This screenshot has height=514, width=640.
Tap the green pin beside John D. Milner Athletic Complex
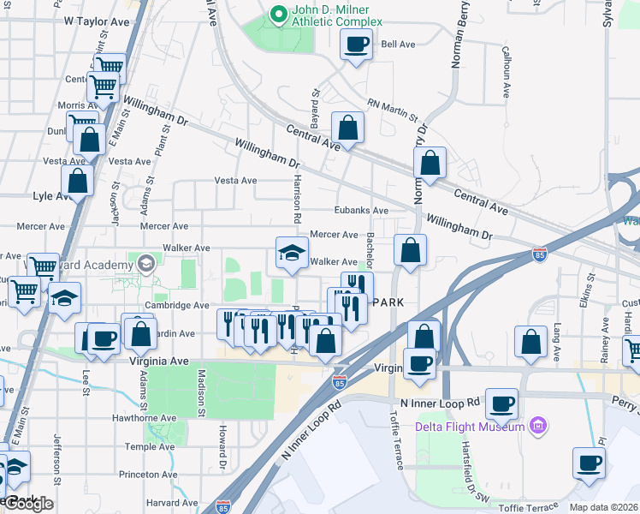[277, 15]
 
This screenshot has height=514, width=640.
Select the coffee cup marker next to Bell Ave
[356, 44]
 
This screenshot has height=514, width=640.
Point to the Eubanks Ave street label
[361, 211]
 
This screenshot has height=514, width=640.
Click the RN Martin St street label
[392, 111]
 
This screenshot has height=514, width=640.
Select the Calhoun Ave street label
[507, 72]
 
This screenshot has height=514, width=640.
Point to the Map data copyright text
[604, 507]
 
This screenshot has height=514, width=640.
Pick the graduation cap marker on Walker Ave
[292, 253]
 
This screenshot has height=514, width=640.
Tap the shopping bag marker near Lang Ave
[530, 341]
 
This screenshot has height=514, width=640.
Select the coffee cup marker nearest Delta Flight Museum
[501, 402]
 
